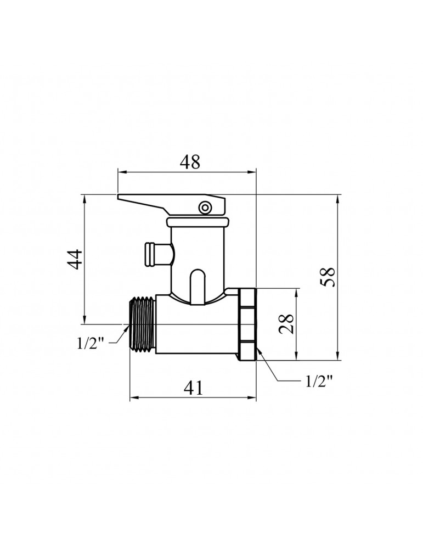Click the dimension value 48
(190, 161)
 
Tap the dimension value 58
(328, 277)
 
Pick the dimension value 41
(193, 388)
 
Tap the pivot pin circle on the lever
(205, 207)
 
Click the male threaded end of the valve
(142, 324)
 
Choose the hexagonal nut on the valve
(247, 324)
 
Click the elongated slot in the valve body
(197, 285)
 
